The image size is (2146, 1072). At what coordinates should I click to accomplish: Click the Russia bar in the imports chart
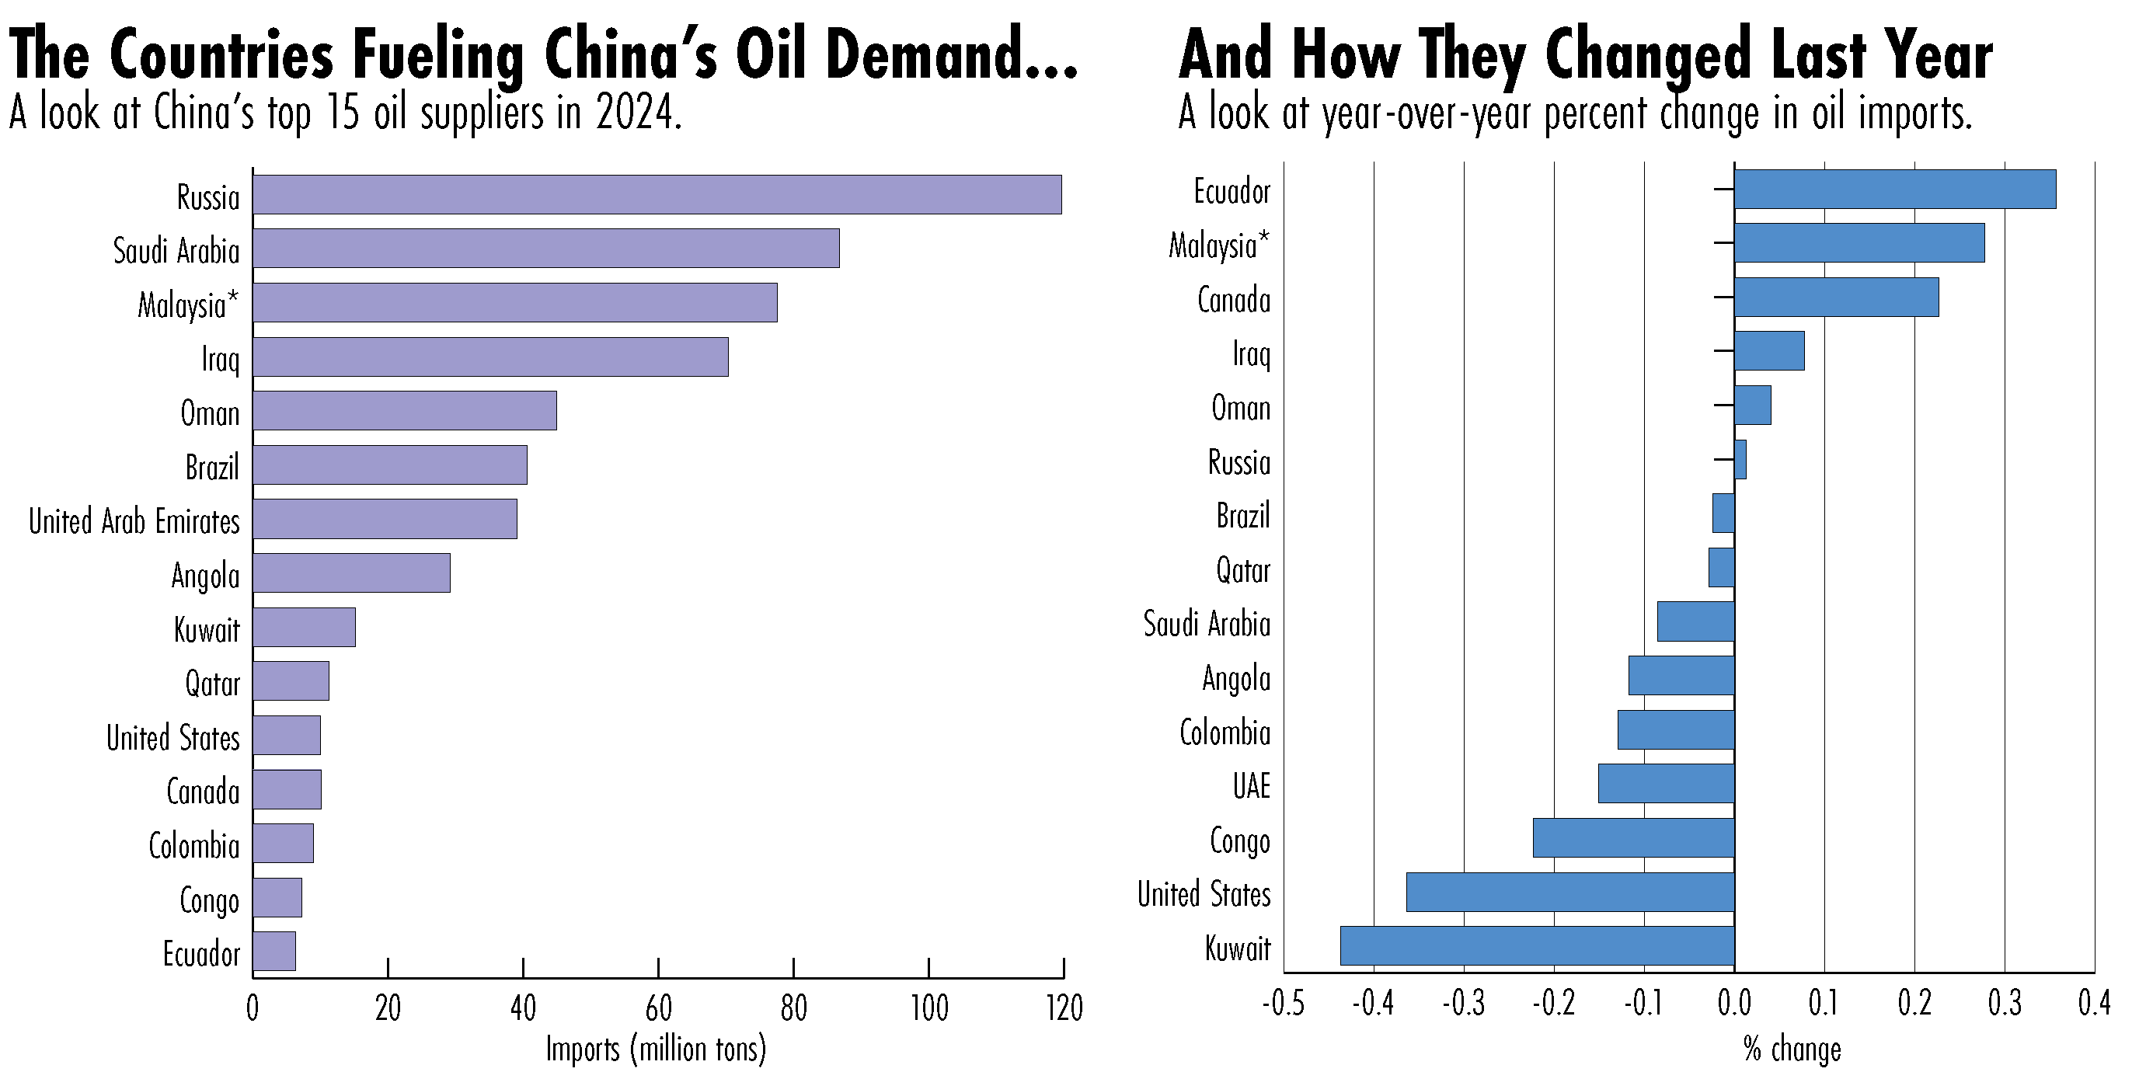click(x=657, y=195)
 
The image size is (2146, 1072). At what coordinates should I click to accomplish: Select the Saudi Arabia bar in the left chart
click(x=545, y=249)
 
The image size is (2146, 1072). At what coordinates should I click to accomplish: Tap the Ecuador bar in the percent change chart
click(x=1894, y=189)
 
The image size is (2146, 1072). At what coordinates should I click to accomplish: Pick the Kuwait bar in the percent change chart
click(x=1537, y=945)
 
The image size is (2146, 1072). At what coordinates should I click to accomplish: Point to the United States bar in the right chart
click(x=1569, y=891)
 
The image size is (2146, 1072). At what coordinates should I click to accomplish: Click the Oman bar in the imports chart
click(x=404, y=411)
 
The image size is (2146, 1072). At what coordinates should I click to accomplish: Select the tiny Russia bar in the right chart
click(x=1740, y=460)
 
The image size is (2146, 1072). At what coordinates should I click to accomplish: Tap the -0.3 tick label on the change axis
click(x=1464, y=1004)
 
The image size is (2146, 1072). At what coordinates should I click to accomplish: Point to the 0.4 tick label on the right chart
click(x=2093, y=1004)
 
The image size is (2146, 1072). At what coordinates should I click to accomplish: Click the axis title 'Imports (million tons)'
click(x=656, y=1049)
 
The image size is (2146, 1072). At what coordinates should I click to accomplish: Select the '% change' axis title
click(x=1791, y=1049)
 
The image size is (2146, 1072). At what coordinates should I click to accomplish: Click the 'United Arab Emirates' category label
click(x=134, y=521)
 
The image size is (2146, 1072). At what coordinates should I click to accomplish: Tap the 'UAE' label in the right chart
click(x=1251, y=786)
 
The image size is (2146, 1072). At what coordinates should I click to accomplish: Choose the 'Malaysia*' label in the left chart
click(x=188, y=305)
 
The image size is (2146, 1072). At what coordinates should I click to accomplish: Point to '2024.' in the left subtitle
click(x=639, y=113)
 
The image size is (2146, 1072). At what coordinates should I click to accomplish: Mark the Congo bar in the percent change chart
click(x=1633, y=837)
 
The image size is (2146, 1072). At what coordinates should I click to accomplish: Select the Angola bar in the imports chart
click(x=350, y=573)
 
